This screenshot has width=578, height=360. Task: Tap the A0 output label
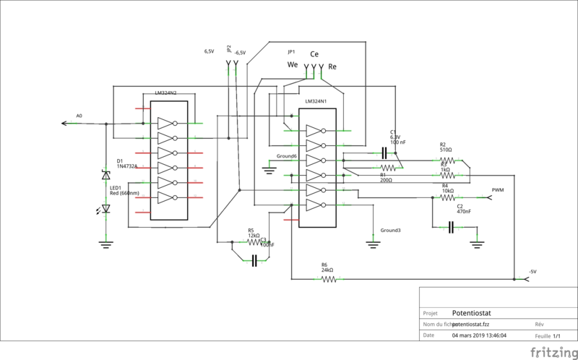point(79,116)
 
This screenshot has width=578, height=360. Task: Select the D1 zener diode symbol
point(106,175)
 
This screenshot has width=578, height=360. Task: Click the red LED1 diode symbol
point(106,209)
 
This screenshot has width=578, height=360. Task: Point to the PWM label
point(497,190)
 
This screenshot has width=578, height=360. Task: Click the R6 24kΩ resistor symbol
point(329,279)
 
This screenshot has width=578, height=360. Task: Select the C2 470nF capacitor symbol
point(451,228)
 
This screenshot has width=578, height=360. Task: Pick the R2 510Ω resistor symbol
point(446,160)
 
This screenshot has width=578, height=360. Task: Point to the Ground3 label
point(390,230)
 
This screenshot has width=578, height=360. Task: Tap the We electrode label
point(293,64)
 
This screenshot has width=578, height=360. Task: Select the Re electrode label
point(332,67)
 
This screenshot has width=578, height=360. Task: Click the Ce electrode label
point(314,54)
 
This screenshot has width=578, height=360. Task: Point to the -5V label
point(532,271)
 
